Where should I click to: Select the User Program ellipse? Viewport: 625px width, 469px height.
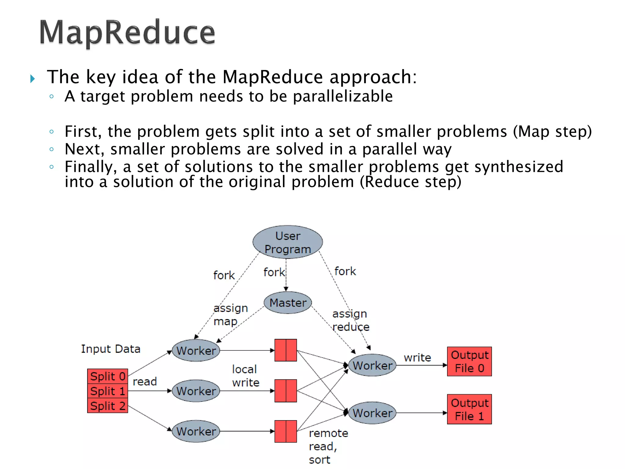point(287,242)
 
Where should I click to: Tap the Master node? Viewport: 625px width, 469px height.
point(287,303)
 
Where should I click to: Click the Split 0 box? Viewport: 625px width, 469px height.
point(107,376)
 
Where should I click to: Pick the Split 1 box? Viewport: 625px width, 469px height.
point(107,391)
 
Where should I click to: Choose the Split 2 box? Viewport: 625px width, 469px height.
point(107,406)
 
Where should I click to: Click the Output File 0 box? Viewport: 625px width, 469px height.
point(469,362)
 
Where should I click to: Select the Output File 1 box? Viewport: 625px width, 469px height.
point(469,409)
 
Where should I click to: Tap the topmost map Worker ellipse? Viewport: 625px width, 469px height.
point(196,351)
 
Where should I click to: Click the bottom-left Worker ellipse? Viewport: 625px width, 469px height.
point(196,431)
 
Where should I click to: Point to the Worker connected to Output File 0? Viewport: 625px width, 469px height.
point(372,365)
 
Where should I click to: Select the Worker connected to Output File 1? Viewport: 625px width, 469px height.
point(372,413)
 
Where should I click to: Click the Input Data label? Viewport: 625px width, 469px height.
point(110,349)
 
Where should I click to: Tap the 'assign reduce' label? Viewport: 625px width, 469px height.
point(351,320)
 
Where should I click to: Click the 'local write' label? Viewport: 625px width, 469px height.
point(245,376)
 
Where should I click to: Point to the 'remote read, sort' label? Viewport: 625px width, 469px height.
point(328,446)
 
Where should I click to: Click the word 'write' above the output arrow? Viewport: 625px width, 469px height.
point(417,358)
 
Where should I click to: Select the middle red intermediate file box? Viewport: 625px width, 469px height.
point(286,391)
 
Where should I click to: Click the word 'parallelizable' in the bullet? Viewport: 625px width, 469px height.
point(343,96)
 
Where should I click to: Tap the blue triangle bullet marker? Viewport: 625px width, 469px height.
point(33,79)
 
